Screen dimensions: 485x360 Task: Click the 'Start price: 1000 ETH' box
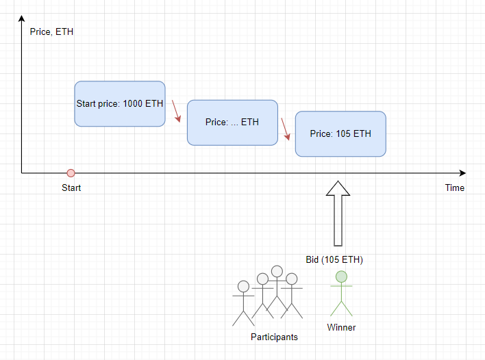click(x=120, y=104)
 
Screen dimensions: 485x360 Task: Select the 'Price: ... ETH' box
click(x=232, y=123)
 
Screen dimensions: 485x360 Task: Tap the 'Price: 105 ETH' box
click(x=340, y=134)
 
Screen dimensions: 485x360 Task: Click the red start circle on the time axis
click(x=71, y=173)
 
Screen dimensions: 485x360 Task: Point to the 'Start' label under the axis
click(x=71, y=188)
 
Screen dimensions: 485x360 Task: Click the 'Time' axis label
click(x=455, y=188)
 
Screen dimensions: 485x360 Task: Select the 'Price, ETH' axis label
click(x=51, y=32)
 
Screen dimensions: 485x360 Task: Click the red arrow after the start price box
click(x=176, y=111)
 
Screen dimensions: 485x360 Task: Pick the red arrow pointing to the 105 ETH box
click(x=286, y=129)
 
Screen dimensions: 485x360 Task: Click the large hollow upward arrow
click(x=338, y=214)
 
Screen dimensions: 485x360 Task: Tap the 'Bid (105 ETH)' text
click(x=334, y=259)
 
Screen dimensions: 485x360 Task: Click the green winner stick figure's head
click(x=341, y=277)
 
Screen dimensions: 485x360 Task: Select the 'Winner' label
click(x=341, y=327)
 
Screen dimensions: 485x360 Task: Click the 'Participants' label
click(x=275, y=337)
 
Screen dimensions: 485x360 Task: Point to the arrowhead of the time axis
click(x=462, y=173)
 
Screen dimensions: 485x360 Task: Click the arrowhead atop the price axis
click(x=22, y=18)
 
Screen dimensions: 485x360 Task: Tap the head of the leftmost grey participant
click(x=243, y=287)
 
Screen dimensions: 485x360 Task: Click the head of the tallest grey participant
click(x=277, y=271)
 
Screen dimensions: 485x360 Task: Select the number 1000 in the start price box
click(x=133, y=103)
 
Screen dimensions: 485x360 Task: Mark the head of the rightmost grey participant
click(x=291, y=279)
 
